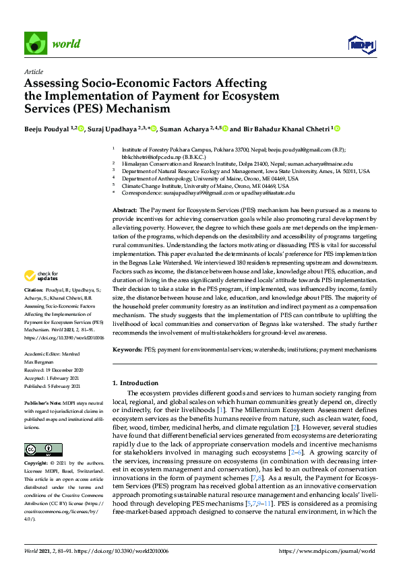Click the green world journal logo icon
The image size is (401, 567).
tap(34, 43)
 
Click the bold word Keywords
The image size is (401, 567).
tap(127, 350)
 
